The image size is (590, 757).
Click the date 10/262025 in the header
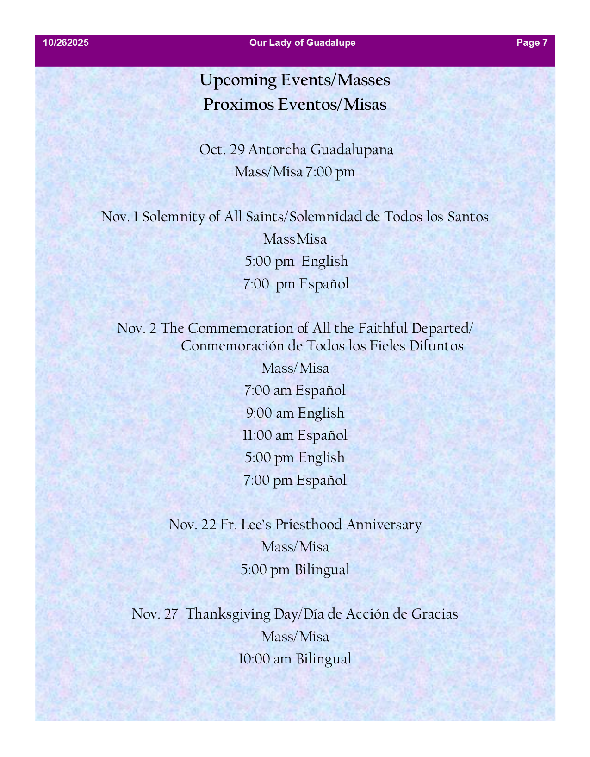tap(66, 43)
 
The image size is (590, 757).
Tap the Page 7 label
tap(532, 43)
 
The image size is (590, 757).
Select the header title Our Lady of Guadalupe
tap(302, 43)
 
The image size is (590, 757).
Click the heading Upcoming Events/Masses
tap(295, 80)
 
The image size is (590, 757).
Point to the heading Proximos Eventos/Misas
tap(295, 105)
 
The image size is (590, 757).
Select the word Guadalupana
tap(352, 150)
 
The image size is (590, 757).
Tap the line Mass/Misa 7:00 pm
tap(295, 172)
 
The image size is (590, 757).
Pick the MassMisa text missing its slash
tap(295, 239)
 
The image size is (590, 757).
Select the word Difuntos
tap(436, 346)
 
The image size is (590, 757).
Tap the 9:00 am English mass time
tap(295, 413)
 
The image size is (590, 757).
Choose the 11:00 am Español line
tap(295, 435)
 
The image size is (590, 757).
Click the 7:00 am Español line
tap(295, 391)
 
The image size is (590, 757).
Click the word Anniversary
tap(384, 525)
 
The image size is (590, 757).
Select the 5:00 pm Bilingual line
tap(295, 569)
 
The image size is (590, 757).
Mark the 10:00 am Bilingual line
tap(295, 659)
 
